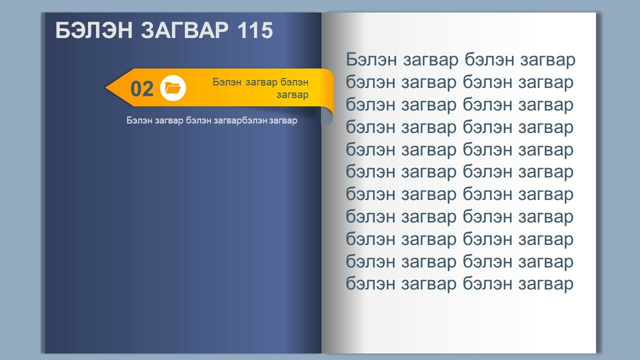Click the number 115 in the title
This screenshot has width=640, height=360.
coord(255,30)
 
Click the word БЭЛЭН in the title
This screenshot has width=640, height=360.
coord(94,30)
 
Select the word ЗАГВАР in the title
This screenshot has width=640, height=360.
coord(184,30)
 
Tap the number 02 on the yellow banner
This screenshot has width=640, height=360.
coord(141,89)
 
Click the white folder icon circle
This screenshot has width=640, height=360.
coord(173,88)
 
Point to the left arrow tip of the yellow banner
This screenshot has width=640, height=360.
coord(105,87)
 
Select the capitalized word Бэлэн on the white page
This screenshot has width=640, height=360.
coord(371,59)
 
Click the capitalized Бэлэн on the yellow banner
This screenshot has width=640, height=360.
coord(227,82)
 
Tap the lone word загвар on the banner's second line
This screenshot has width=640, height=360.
coord(292,95)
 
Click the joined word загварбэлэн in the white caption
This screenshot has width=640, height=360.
coord(241,120)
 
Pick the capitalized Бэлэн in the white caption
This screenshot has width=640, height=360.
coord(139,120)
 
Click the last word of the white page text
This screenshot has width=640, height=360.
coord(545,283)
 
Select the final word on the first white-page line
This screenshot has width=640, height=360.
coord(547,59)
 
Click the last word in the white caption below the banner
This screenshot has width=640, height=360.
coord(283,120)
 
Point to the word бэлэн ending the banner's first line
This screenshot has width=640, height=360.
coord(294,82)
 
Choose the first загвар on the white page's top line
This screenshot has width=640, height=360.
coord(430,59)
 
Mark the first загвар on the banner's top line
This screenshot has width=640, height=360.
coord(261,83)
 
